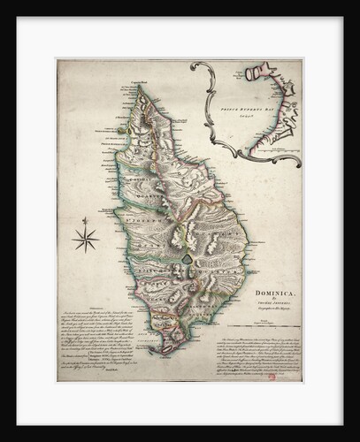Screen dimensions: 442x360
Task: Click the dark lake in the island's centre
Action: pyautogui.click(x=188, y=257)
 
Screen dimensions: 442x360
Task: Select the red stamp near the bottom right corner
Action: pyautogui.click(x=295, y=376)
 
